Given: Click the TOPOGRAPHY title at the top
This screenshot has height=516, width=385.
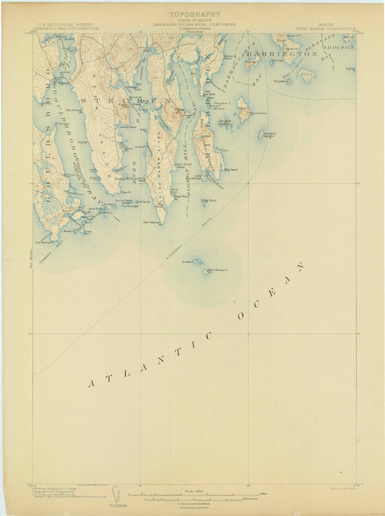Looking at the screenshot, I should [193, 14].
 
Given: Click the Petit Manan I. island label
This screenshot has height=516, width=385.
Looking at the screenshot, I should [221, 272].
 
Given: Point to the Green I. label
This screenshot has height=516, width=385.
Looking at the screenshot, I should [189, 262].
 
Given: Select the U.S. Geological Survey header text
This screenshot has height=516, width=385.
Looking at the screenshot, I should [66, 25].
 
